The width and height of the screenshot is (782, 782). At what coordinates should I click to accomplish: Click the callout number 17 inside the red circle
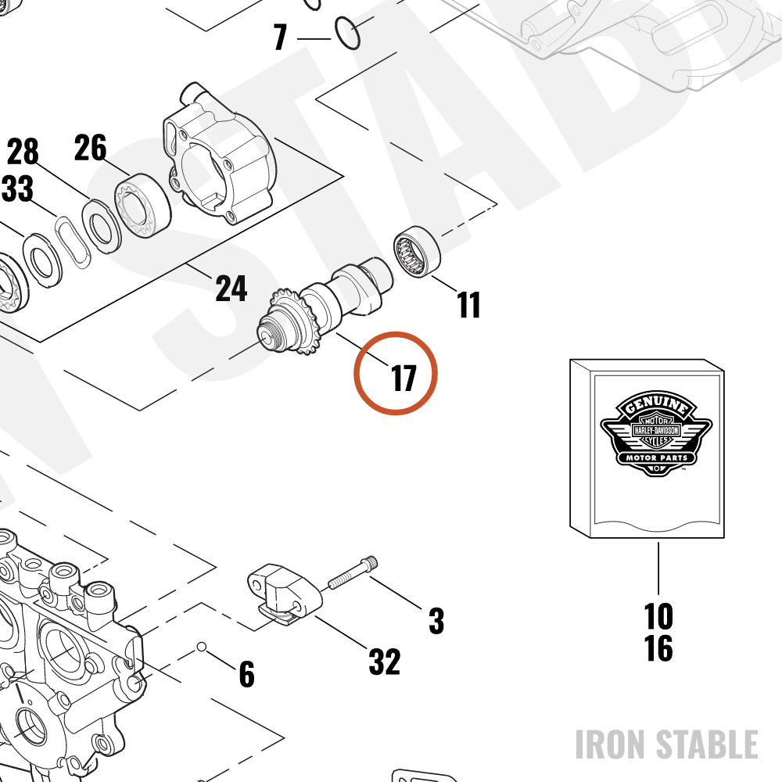[404, 378]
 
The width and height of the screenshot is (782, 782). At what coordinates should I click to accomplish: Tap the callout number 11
[468, 304]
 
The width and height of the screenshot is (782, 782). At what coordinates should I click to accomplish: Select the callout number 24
[231, 288]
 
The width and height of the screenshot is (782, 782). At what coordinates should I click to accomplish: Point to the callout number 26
[90, 148]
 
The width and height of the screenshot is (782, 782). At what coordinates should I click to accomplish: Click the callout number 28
[23, 152]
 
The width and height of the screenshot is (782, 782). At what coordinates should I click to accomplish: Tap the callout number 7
[280, 38]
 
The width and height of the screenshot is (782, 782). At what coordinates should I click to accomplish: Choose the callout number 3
[436, 621]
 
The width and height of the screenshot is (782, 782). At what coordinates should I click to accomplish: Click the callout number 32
[385, 662]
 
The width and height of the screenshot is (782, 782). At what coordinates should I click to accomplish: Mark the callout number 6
[247, 674]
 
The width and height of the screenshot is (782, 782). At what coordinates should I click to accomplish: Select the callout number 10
[658, 617]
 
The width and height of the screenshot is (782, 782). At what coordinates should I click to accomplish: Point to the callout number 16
[658, 647]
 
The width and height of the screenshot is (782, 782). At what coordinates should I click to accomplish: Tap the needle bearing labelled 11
[417, 251]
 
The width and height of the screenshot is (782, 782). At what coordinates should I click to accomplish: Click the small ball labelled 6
[202, 647]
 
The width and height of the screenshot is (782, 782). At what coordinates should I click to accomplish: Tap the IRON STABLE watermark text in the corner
[666, 744]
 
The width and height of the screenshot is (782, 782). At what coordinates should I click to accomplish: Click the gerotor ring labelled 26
[143, 206]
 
